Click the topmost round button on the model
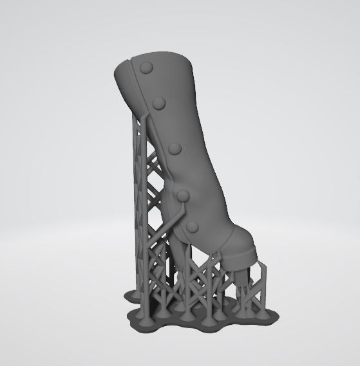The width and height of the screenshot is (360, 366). click(147, 66)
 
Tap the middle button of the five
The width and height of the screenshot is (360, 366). click(175, 149)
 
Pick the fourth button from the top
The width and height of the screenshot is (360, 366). click(183, 195)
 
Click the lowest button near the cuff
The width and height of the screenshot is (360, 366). click(193, 226)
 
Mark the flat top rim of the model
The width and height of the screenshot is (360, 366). click(161, 59)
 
